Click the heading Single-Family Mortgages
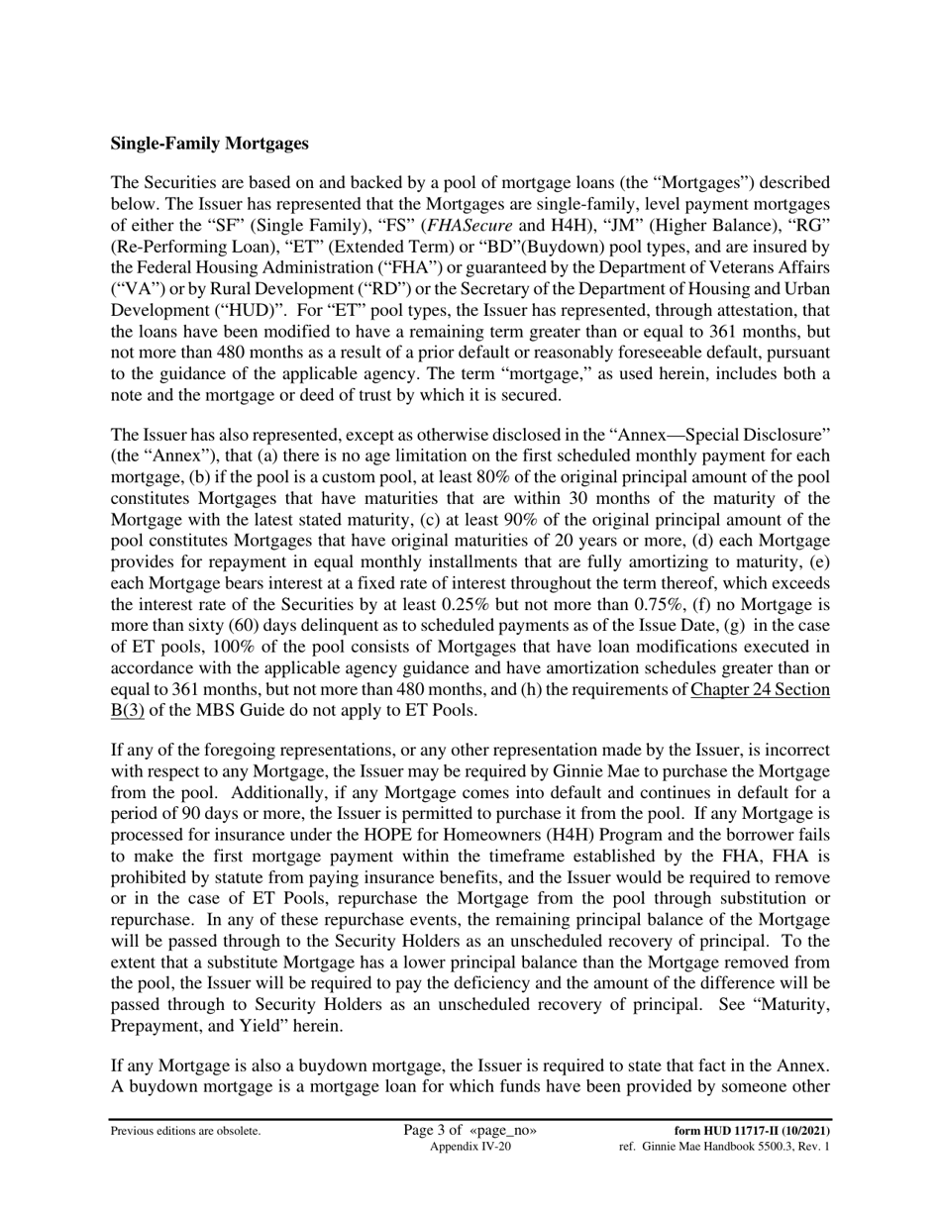tap(209, 144)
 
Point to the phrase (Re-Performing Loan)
tap(188, 247)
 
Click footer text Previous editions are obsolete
tap(185, 1131)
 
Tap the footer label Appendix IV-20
tap(470, 1147)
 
